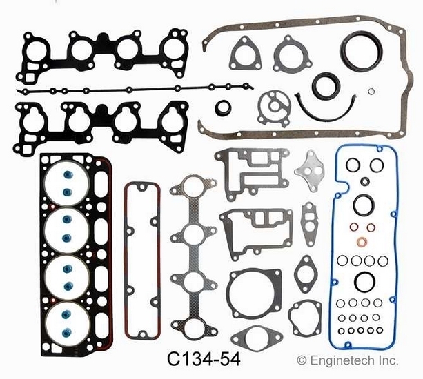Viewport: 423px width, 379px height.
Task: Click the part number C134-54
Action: (x=204, y=359)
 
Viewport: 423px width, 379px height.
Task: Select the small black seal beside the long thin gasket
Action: (x=223, y=107)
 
